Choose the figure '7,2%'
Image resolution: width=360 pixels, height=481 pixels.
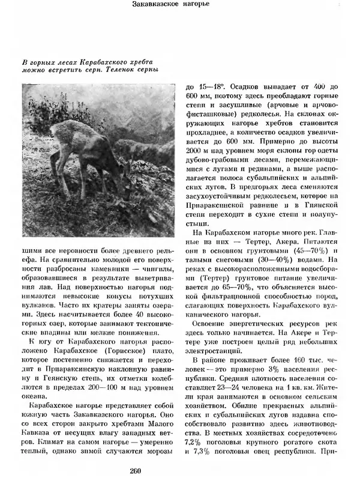[x=196, y=443]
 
